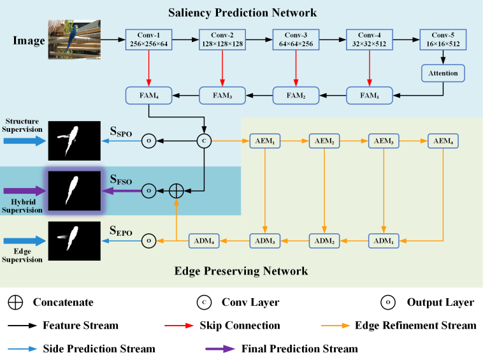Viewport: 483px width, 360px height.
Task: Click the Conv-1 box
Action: click(x=148, y=40)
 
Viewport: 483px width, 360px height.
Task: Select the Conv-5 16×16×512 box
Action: click(x=443, y=40)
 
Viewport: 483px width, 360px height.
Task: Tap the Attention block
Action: click(x=443, y=73)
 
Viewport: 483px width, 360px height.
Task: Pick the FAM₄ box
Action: click(x=148, y=96)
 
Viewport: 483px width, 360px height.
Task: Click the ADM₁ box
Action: click(x=384, y=241)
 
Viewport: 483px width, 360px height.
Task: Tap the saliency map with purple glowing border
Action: click(x=75, y=190)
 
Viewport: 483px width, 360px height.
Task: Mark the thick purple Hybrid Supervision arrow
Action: click(x=24, y=190)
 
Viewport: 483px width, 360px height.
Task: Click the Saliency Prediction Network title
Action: click(x=242, y=13)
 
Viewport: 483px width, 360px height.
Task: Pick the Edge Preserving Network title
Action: click(x=241, y=271)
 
